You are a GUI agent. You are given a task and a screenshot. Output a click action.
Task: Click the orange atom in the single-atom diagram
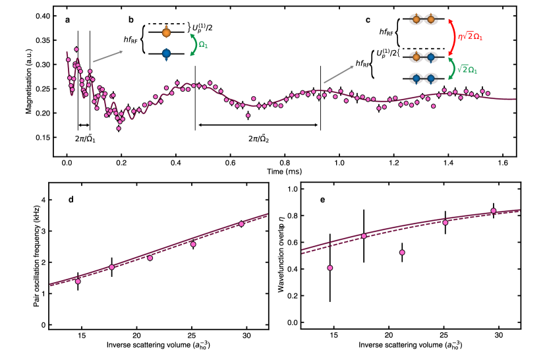point(166,33)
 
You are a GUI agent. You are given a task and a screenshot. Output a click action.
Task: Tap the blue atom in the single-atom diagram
point(166,53)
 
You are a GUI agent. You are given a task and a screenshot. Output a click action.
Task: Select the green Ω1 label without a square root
point(203,45)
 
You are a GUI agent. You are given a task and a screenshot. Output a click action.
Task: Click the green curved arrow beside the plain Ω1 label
point(194,45)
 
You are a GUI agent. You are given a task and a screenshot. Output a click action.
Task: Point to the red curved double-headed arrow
point(452,37)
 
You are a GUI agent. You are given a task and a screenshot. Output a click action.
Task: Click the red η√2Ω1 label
point(470,37)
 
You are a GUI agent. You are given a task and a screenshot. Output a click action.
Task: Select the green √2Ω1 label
point(467,70)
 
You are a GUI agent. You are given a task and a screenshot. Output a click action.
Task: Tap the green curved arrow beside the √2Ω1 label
point(452,69)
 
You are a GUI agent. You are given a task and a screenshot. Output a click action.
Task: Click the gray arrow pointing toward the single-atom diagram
point(108,57)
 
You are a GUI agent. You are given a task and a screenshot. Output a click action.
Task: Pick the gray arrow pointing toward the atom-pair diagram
point(339,75)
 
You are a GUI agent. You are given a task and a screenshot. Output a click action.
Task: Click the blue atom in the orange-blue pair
point(431,57)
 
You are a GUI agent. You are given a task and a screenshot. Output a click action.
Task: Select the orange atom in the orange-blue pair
point(416,57)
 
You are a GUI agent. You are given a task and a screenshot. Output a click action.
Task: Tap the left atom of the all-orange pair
point(416,20)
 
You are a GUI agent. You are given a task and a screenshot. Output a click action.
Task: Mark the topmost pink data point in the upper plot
point(76,49)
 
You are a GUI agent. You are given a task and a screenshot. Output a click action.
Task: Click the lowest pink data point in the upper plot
point(119,129)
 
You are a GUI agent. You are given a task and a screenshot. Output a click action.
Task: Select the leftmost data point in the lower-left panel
point(78,282)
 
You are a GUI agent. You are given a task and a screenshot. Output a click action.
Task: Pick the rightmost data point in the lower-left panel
point(241,224)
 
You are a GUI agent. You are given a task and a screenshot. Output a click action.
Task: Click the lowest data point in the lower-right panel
point(330,268)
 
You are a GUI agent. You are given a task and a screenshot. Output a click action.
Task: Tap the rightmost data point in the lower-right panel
point(493,211)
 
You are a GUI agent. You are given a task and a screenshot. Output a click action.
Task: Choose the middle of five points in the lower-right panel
point(402,253)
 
